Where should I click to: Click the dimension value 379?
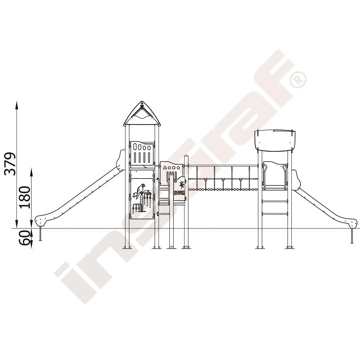click(x=10, y=163)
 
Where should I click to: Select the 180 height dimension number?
click(x=25, y=197)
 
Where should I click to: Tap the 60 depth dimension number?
click(x=24, y=238)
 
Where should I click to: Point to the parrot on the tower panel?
click(x=140, y=190)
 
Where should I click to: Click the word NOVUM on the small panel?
click(x=179, y=193)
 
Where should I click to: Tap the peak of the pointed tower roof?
click(x=142, y=101)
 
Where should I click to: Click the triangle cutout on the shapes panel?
click(x=165, y=168)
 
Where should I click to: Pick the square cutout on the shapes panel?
click(x=174, y=168)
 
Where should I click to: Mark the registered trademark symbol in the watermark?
click(x=298, y=80)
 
